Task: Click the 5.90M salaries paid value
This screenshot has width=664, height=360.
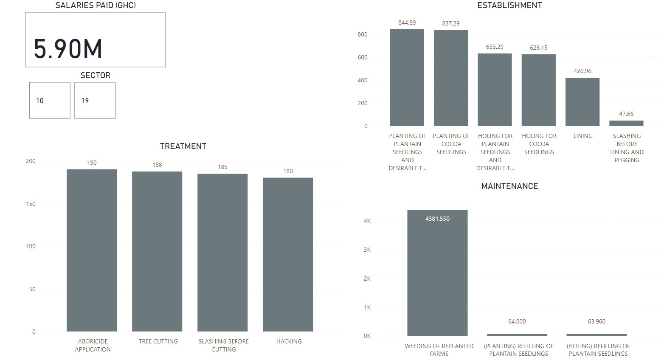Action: coord(68,48)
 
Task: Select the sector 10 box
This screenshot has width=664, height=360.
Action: coord(50,101)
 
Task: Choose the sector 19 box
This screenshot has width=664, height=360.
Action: coord(95,101)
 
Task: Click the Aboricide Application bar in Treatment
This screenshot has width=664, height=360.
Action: coord(92,250)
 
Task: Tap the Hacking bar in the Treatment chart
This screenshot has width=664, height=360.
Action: coord(288,255)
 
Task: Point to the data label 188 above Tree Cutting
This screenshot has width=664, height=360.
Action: coord(157,165)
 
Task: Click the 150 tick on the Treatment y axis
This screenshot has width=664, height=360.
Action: coord(31,204)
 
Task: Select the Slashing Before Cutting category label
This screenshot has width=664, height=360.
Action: coord(224,345)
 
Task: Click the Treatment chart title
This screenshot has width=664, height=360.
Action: coord(183,146)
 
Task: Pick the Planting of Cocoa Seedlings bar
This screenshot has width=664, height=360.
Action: coord(451,78)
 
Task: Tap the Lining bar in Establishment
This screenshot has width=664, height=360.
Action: coord(582,102)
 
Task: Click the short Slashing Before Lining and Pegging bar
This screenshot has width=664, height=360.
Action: coord(626,123)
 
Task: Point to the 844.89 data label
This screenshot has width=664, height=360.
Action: coord(407,22)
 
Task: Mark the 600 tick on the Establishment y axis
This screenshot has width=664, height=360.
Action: coord(363,57)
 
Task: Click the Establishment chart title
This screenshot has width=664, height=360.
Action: coord(509,6)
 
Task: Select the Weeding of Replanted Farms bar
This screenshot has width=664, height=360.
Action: coord(437,276)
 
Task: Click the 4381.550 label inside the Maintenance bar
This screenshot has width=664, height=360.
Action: coord(437,219)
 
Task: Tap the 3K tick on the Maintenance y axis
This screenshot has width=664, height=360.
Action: coord(367,250)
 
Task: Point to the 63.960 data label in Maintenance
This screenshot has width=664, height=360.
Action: coord(596,321)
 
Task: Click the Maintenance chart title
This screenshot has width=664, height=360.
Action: coord(509,186)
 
